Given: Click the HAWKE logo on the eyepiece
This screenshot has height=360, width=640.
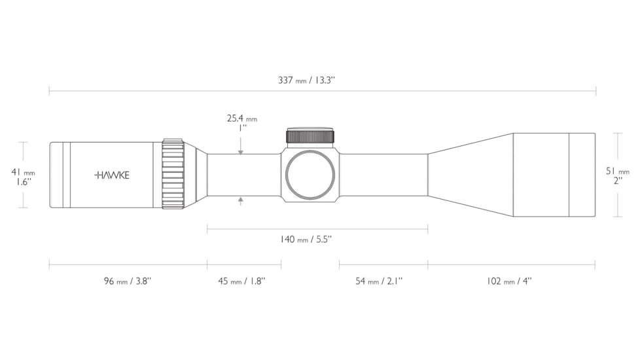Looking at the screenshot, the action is coord(112,175).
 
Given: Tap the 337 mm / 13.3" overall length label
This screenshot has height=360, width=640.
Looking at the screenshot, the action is coord(306,80).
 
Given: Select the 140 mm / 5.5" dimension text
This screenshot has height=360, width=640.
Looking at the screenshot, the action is coord(306,239).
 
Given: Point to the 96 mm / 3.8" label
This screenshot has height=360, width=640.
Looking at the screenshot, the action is coord(128,281).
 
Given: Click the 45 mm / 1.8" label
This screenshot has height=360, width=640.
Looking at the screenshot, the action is coord(241,281).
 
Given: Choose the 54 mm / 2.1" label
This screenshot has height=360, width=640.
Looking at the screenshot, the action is coord(379,281).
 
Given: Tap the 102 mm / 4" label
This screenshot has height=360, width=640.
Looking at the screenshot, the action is coord(509,281).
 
